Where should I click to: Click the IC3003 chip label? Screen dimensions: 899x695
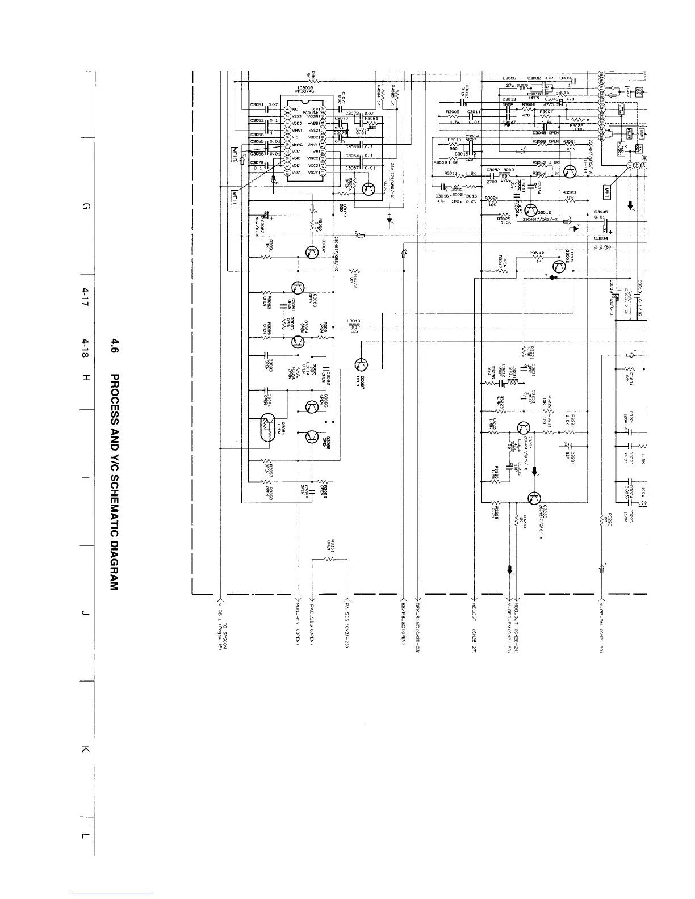(x=305, y=90)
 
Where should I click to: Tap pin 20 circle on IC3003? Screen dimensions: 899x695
(x=322, y=109)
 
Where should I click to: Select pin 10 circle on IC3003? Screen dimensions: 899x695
(x=288, y=173)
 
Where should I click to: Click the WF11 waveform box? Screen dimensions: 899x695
(x=233, y=154)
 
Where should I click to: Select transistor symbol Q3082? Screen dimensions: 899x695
(x=312, y=253)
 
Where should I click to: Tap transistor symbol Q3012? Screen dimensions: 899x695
(x=532, y=211)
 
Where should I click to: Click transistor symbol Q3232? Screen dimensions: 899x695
(x=534, y=498)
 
